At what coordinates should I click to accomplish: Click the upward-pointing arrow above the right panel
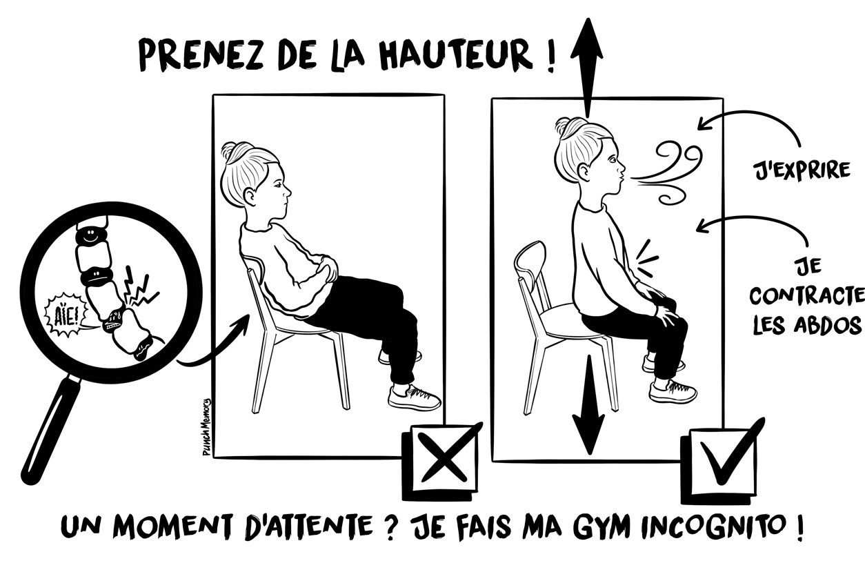[x=586, y=62]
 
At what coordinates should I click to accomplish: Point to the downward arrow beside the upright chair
[x=588, y=407]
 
